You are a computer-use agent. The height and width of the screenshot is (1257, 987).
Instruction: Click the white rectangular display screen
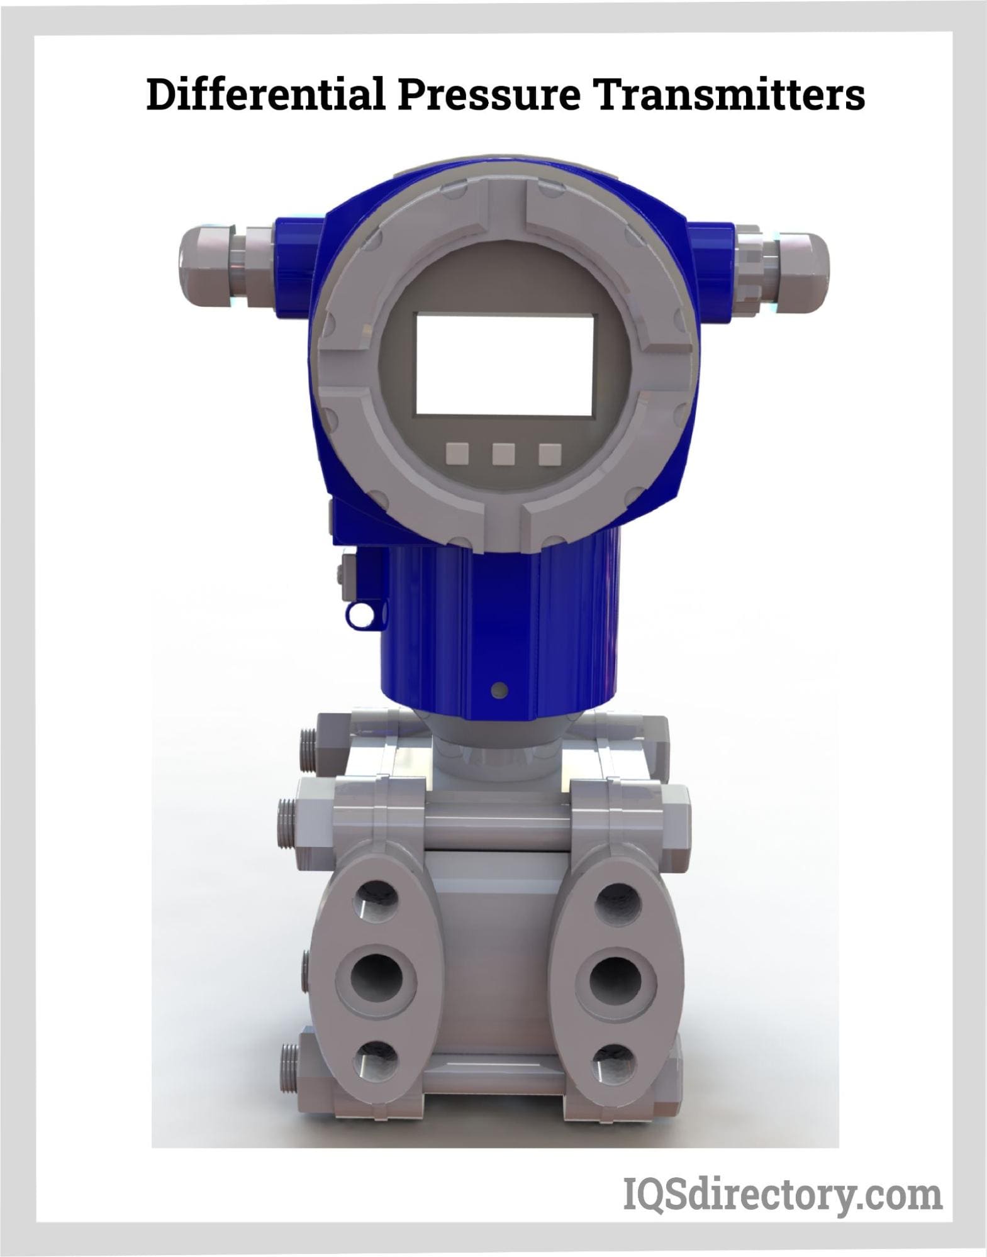coord(503,364)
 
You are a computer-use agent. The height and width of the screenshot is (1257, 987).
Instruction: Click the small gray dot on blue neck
coord(500,690)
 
